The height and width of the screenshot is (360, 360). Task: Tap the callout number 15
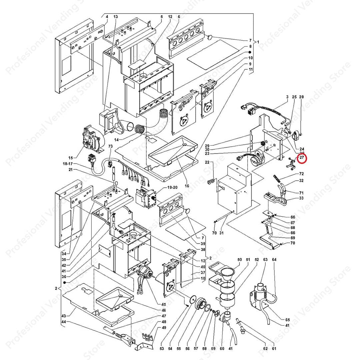pos(70,158)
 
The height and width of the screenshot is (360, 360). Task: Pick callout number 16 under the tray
pos(187,186)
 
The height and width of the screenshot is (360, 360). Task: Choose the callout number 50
pos(239,260)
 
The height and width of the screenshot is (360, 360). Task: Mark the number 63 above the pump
pos(265,260)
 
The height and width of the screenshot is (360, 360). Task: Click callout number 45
pos(164,304)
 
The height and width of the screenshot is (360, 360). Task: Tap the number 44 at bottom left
pos(64,322)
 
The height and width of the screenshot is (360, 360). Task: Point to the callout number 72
pos(301,174)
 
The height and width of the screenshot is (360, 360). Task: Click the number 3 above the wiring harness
pos(287,97)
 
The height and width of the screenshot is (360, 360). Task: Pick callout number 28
pos(301,97)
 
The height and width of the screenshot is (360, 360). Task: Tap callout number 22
pos(207,162)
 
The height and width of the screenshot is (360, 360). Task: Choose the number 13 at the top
pos(116,17)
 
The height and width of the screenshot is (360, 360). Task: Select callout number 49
pos(164,328)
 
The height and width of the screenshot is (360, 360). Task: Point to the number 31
pos(221,233)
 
